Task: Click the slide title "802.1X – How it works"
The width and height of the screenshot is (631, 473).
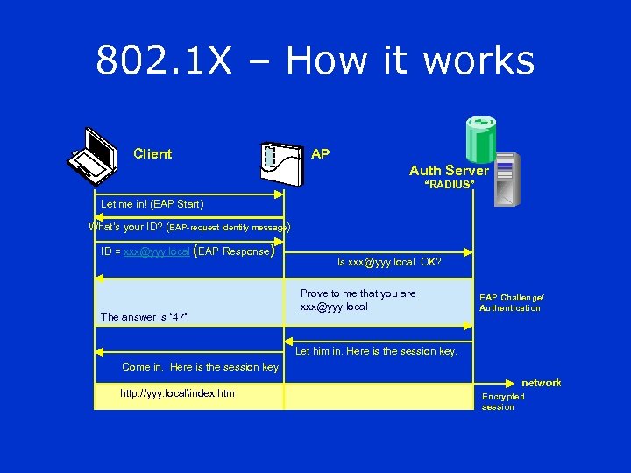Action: [x=315, y=60]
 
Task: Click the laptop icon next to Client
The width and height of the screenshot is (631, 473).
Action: [x=94, y=155]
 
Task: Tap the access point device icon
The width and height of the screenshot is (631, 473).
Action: [x=283, y=162]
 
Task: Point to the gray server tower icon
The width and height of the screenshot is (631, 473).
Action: [x=507, y=179]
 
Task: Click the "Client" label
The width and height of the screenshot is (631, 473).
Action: [x=152, y=154]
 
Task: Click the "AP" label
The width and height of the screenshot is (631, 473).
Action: [x=321, y=154]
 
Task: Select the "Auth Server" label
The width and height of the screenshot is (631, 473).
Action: [x=449, y=171]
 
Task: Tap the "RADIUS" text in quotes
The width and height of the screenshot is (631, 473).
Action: [x=450, y=186]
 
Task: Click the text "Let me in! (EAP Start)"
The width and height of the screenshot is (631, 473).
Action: [x=152, y=204]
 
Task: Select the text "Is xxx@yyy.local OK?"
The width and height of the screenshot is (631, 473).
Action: [x=389, y=261]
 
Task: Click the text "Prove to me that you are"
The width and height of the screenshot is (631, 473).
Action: [x=358, y=293]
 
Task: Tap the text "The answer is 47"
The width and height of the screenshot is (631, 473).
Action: [x=145, y=317]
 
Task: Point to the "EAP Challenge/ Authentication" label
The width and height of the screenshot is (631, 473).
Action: [x=511, y=303]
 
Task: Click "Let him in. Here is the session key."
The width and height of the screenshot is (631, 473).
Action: [x=376, y=351]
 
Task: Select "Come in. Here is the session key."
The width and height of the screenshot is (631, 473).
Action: [x=201, y=367]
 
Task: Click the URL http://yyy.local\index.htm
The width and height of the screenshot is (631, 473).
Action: [x=177, y=393]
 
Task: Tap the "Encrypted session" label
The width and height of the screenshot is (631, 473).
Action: [x=503, y=401]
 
